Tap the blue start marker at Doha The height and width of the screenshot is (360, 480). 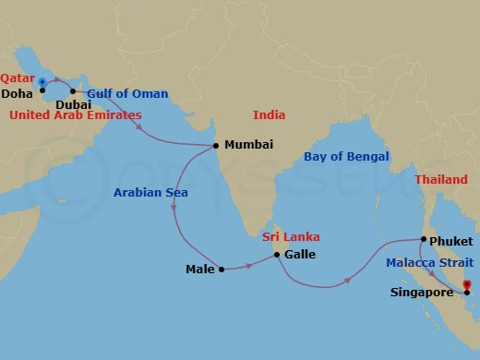[x=42, y=83]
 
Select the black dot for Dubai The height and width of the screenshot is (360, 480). [x=73, y=90]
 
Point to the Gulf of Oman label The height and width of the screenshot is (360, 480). [x=128, y=93]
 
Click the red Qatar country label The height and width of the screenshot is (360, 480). [x=18, y=80]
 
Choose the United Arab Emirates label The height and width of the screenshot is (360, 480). [x=75, y=115]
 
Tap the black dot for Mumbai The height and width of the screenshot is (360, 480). [x=216, y=146]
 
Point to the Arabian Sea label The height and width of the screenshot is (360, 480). [x=150, y=193]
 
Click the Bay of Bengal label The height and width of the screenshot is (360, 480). [x=346, y=156]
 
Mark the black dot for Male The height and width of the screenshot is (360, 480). [x=222, y=270]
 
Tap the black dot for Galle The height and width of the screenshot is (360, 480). [x=276, y=253]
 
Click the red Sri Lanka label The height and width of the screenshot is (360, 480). [x=290, y=237]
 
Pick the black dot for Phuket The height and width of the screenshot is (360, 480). [x=423, y=240]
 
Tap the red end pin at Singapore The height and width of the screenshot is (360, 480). [x=466, y=284]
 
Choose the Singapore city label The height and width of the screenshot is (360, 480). [x=420, y=293]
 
